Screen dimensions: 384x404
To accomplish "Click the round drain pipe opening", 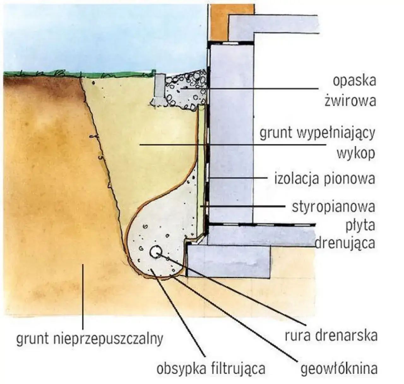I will pos(156,252).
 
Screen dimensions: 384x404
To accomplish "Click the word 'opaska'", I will pos(354,81).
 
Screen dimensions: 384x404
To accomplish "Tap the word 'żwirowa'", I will pos(350,101).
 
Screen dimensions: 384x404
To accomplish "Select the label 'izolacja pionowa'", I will pos(324,179).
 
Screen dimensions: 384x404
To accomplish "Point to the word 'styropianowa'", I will pos(333,207).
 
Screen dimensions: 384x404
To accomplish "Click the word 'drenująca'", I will pos(345,243).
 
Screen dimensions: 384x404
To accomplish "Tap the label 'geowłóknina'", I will pos(339,369).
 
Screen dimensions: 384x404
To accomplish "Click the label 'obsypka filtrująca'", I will pos(211,369).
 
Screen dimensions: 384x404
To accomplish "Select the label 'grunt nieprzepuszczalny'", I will pos(90,339).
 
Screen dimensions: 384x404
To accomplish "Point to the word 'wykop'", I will pos(356,153).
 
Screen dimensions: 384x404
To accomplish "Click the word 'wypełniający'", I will pos(335,133).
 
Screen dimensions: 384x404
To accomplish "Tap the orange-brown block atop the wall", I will pos(218,22).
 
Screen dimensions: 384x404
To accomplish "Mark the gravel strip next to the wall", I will pos(186,90).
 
